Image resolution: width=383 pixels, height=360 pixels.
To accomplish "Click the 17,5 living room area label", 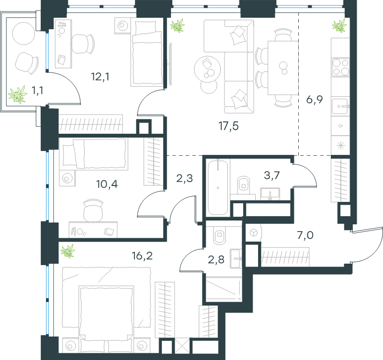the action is click(228, 126).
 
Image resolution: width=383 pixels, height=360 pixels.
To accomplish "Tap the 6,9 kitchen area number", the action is click(315, 100).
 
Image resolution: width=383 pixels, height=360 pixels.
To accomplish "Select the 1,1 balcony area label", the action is click(37, 91).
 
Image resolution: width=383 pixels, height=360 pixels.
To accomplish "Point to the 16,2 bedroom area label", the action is click(142, 256).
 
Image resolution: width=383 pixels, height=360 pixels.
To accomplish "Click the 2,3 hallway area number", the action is click(184, 178).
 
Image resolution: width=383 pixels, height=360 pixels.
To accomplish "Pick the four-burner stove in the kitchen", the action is click(340, 67).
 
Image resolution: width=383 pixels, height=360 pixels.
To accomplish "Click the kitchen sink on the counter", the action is click(340, 106).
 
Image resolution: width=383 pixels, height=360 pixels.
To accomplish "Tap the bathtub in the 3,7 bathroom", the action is click(218, 187).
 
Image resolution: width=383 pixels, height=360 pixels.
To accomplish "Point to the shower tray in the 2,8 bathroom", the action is click(224, 290).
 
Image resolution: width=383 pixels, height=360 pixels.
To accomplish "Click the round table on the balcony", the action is click(23, 34).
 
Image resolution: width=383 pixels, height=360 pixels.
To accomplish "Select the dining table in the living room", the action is click(283, 68).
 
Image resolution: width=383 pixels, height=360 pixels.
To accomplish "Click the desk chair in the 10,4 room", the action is click(93, 210).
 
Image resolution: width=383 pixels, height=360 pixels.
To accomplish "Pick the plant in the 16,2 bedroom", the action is click(68, 251).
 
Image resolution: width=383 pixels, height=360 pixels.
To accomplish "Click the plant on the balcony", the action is click(18, 94).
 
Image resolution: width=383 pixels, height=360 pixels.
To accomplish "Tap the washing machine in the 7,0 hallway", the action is click(253, 232).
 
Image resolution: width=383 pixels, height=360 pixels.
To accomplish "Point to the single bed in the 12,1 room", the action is click(146, 53).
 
